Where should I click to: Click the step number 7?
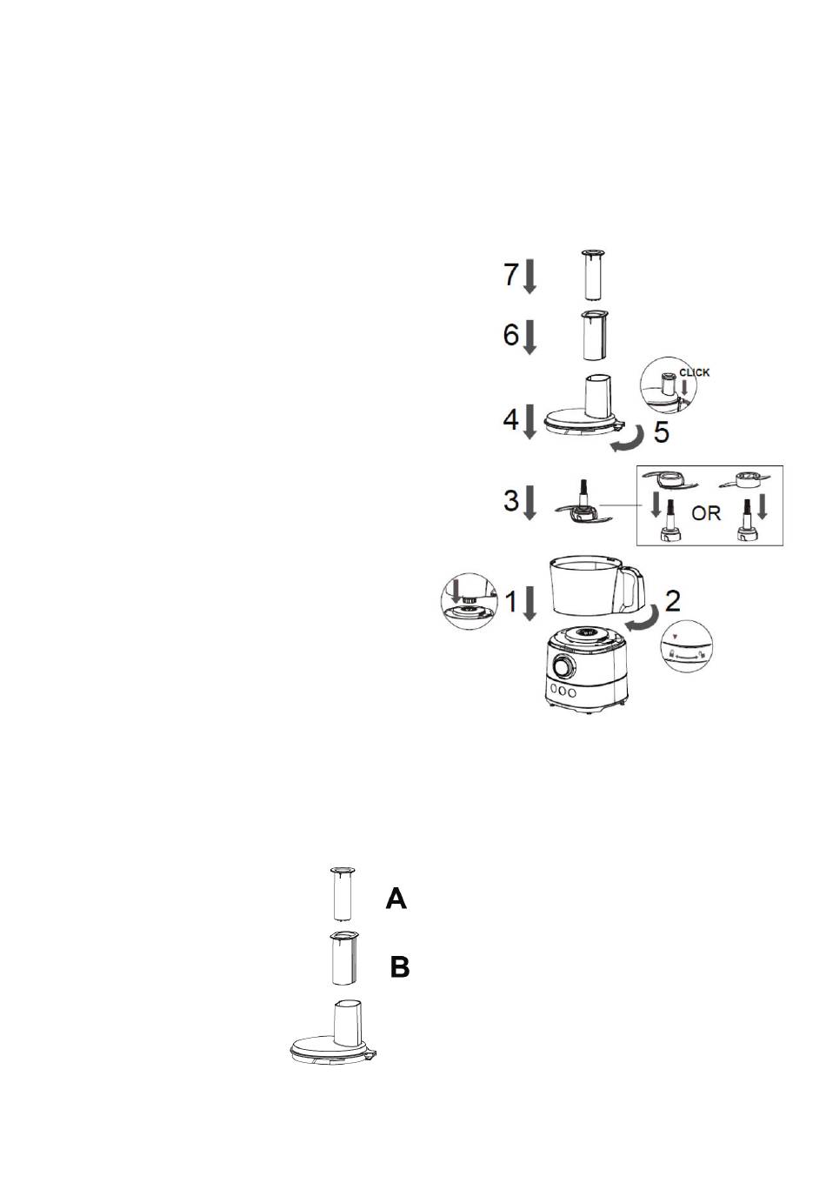[x=511, y=274]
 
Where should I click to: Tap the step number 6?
[x=511, y=334]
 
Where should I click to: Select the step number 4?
[x=511, y=419]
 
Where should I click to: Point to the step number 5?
[x=662, y=431]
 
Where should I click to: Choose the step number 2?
[x=672, y=601]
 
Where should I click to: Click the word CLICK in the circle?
[x=695, y=372]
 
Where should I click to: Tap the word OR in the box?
[x=706, y=513]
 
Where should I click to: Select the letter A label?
[x=396, y=899]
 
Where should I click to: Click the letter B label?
[x=400, y=967]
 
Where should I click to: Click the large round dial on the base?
[x=563, y=667]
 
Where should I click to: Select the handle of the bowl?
[x=633, y=588]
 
